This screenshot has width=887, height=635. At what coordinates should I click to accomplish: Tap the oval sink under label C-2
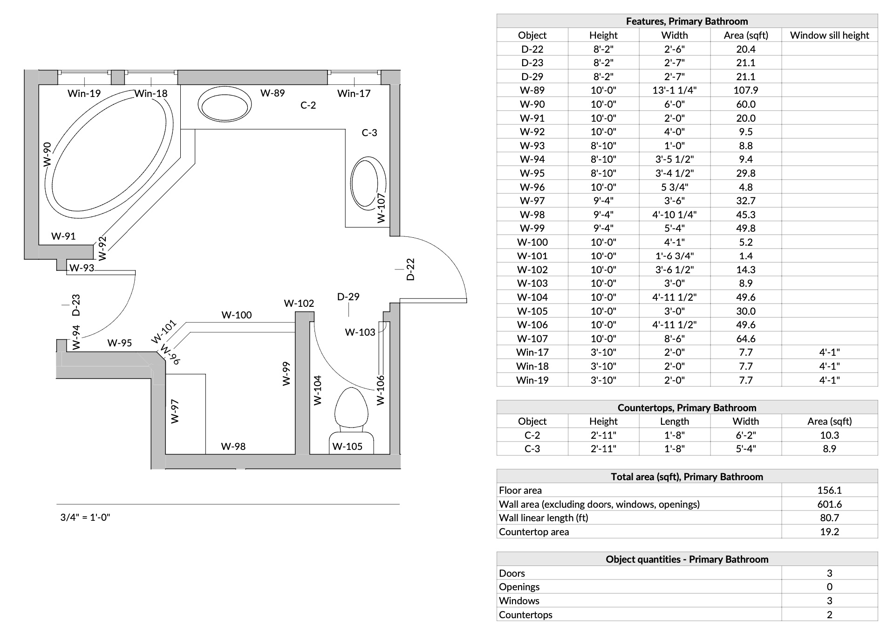pyautogui.click(x=225, y=106)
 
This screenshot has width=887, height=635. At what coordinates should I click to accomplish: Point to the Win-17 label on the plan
pyautogui.click(x=354, y=94)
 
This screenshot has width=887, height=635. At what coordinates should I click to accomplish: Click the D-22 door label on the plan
pyautogui.click(x=410, y=269)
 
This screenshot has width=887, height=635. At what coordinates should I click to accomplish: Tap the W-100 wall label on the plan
pyautogui.click(x=236, y=315)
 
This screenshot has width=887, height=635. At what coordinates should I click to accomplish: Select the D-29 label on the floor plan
pyautogui.click(x=348, y=297)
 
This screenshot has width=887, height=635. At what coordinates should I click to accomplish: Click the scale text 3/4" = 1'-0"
pyautogui.click(x=85, y=518)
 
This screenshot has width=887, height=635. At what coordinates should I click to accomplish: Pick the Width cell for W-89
pyautogui.click(x=674, y=90)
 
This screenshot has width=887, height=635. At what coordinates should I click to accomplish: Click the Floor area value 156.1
pyautogui.click(x=829, y=490)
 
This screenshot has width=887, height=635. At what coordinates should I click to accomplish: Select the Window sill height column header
pyautogui.click(x=829, y=35)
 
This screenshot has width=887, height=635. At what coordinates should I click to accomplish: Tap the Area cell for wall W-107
pyautogui.click(x=745, y=339)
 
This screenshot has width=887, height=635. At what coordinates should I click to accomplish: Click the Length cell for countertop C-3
pyautogui.click(x=674, y=449)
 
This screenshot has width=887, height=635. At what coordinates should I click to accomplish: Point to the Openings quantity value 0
pyautogui.click(x=829, y=587)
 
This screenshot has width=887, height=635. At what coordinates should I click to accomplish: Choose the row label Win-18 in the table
pyautogui.click(x=532, y=366)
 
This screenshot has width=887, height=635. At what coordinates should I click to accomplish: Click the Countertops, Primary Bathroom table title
pyautogui.click(x=687, y=408)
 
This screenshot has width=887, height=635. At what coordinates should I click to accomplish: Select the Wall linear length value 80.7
pyautogui.click(x=829, y=518)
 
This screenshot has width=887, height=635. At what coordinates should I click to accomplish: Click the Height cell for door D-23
pyautogui.click(x=603, y=63)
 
